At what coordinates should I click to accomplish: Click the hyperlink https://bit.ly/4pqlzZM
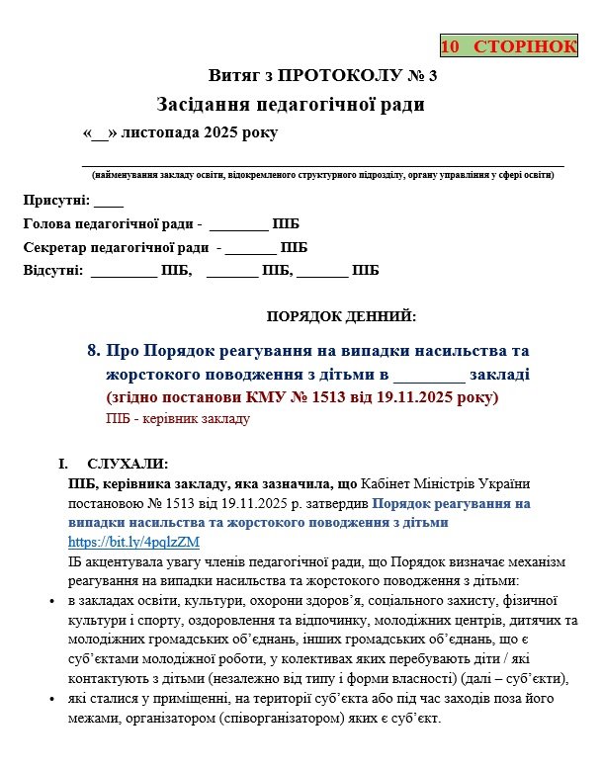[x=133, y=542]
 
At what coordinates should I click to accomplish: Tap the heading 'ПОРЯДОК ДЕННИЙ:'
[x=342, y=316]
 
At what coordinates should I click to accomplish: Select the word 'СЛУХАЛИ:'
[x=128, y=465]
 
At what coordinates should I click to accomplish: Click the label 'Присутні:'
[x=56, y=201]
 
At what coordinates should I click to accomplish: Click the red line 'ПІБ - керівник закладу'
[x=178, y=418]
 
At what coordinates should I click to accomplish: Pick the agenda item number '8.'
[x=94, y=351]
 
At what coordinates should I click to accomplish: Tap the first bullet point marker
[x=51, y=601]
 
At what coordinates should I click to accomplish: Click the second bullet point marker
[x=51, y=700]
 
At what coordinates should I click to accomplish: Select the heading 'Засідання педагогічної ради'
[x=291, y=104]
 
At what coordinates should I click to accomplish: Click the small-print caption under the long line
[x=322, y=175]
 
